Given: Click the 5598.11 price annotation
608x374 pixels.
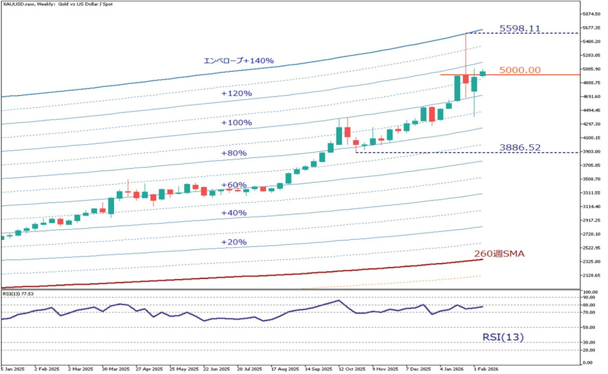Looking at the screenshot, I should click(x=520, y=28).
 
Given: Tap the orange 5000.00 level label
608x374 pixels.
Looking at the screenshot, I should click(x=520, y=70).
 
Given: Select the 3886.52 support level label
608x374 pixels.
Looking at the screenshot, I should click(x=520, y=147).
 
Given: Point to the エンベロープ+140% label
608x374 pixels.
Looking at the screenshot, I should click(x=238, y=61).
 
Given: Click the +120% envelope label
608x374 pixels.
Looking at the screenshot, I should click(x=236, y=94).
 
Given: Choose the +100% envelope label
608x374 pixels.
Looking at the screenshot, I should click(x=236, y=123).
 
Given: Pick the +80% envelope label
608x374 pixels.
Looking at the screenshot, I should click(x=233, y=153).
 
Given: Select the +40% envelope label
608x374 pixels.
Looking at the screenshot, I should click(x=233, y=213).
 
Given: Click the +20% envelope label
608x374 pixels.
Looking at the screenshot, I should click(x=233, y=242).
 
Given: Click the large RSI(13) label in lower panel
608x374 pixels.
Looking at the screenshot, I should click(x=502, y=337).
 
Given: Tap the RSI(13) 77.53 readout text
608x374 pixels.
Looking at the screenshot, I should click(x=18, y=294).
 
